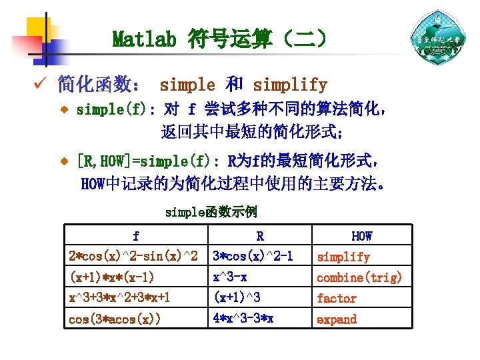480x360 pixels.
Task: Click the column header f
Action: tap(136, 236)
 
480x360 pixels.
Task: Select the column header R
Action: tap(259, 236)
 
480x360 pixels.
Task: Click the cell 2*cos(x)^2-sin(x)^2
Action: tap(133, 257)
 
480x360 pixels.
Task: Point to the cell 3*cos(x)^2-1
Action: tap(253, 257)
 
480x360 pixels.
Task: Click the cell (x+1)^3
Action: tap(236, 298)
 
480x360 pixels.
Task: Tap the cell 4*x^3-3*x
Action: tap(243, 319)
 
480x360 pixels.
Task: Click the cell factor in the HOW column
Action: tap(337, 299)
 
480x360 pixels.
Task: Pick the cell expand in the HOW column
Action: tap(337, 319)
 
